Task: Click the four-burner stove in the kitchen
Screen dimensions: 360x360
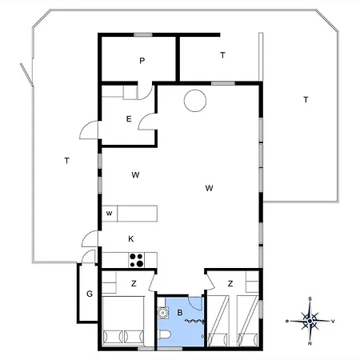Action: [x=136, y=260]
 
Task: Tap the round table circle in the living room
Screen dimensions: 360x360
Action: [x=195, y=101]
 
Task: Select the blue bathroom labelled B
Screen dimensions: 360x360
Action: [x=181, y=322]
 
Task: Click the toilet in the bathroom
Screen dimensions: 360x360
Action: [x=164, y=334]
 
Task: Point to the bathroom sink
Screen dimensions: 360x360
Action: [x=162, y=313]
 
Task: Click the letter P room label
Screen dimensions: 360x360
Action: [x=142, y=61]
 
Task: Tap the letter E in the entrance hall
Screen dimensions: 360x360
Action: [x=129, y=118]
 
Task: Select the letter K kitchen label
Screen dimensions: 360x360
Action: [x=131, y=239]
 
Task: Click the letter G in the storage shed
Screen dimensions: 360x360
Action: [x=90, y=294]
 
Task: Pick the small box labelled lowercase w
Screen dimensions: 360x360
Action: [x=110, y=214]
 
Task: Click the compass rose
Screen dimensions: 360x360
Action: [x=310, y=321]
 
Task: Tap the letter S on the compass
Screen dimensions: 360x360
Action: [x=310, y=299]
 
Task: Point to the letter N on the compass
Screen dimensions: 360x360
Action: [x=310, y=343]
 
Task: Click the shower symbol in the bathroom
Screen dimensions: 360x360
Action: [x=195, y=322]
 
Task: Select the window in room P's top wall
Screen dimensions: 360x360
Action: [x=143, y=34]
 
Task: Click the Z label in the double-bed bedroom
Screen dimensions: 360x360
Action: [x=134, y=283]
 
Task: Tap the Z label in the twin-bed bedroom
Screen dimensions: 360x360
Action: [x=230, y=283]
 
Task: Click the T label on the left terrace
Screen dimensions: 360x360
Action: [x=67, y=161]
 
